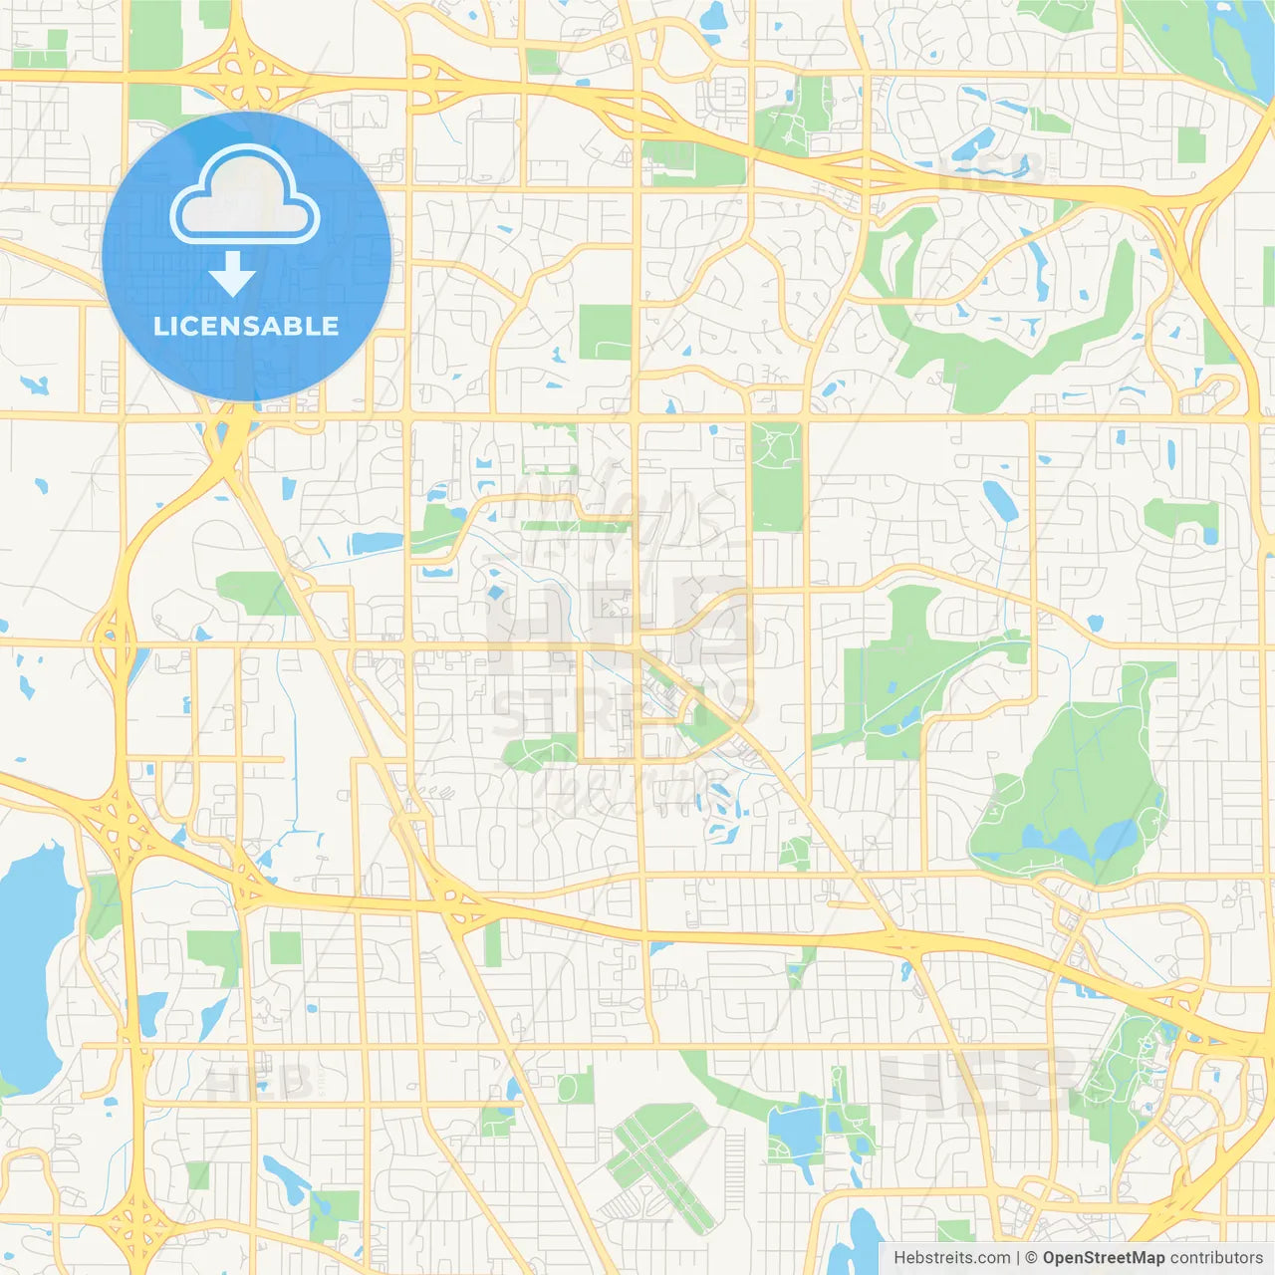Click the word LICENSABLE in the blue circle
[x=246, y=326]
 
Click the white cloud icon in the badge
[x=245, y=196]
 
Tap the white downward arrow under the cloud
[x=232, y=274]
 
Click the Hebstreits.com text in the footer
[x=951, y=1258]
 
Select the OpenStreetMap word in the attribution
[x=1103, y=1258]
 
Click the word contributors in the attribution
[x=1215, y=1258]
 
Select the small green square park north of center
[x=606, y=332]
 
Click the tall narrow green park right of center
[x=776, y=476]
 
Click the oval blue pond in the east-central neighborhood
[x=999, y=500]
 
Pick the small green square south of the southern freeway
[x=285, y=947]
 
